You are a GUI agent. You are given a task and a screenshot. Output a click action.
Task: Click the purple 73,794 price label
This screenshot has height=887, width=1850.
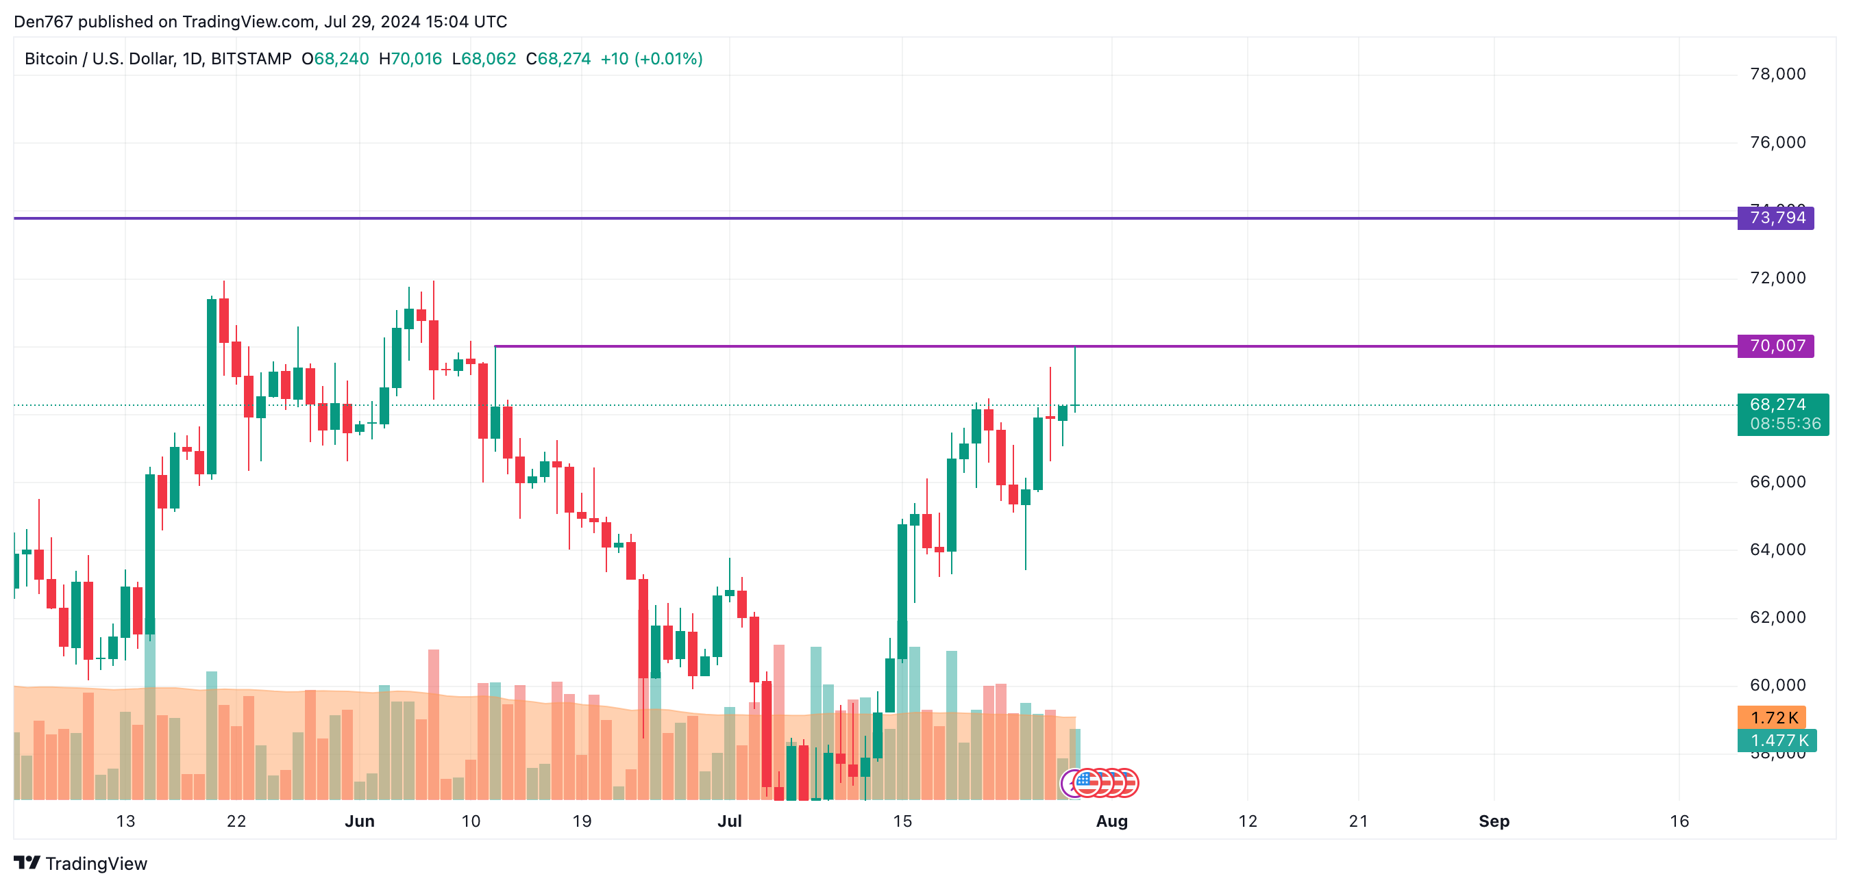(x=1775, y=218)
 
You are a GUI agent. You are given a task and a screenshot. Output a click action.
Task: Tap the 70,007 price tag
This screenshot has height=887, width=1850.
(x=1775, y=346)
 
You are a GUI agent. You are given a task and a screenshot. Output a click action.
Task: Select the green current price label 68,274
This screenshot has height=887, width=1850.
(x=1777, y=404)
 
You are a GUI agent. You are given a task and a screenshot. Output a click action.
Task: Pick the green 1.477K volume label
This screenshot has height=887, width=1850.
(x=1777, y=740)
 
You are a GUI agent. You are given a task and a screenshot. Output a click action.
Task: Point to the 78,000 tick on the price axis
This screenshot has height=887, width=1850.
(x=1777, y=74)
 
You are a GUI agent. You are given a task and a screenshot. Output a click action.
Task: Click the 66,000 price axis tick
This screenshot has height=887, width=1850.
(x=1777, y=482)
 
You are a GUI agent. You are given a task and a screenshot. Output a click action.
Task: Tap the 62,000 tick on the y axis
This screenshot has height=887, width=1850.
(x=1777, y=617)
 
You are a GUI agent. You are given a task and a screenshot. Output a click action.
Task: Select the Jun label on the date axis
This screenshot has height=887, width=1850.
(x=360, y=821)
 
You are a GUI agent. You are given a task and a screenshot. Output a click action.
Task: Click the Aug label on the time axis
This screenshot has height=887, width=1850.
(x=1112, y=821)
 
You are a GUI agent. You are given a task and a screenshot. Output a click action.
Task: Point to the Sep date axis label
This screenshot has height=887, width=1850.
(x=1494, y=821)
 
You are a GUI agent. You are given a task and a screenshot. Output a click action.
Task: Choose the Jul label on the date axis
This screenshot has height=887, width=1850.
(x=730, y=821)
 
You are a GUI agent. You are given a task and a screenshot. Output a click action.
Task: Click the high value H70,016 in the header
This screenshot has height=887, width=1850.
(x=410, y=59)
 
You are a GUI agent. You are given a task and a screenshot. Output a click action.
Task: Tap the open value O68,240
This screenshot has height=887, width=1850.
(x=334, y=59)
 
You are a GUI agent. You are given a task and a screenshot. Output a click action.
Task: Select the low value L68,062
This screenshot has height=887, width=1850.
(x=483, y=59)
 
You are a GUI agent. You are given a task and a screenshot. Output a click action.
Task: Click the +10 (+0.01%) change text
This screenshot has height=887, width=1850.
(x=652, y=59)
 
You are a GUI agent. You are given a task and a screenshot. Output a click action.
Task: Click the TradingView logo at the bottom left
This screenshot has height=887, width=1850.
(x=80, y=863)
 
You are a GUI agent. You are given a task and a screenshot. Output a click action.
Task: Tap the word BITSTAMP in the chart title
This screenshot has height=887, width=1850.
(x=251, y=59)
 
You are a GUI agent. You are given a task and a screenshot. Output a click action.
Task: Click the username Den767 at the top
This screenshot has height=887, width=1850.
(x=43, y=21)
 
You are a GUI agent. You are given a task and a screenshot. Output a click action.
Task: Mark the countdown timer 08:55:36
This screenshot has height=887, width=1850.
(x=1786, y=424)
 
